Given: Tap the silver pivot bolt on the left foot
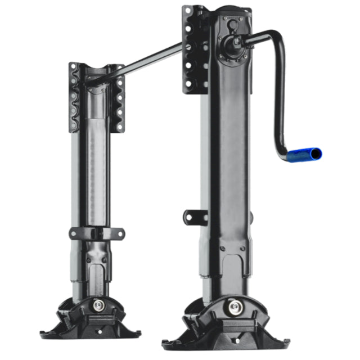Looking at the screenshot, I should (99, 305).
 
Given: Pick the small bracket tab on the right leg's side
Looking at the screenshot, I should (192, 216).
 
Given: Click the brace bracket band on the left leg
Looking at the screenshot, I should (96, 232).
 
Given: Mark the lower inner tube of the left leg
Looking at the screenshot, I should (96, 267).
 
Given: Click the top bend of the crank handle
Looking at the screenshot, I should (275, 38).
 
